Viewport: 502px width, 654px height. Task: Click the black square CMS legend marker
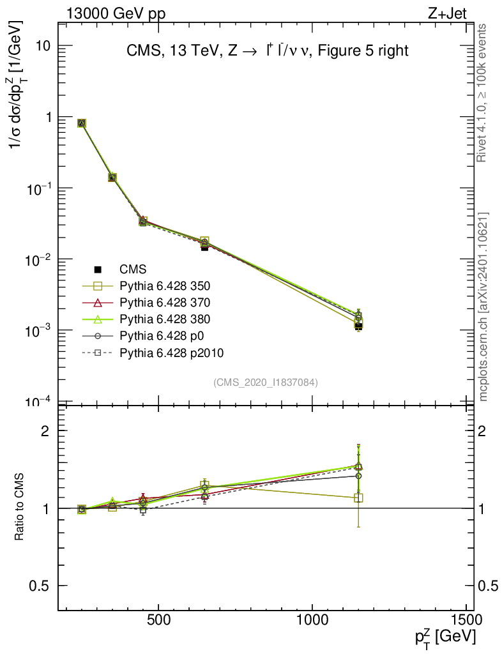click(x=98, y=270)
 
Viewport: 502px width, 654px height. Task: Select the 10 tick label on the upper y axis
click(x=43, y=47)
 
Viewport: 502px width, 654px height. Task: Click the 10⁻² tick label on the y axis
click(x=40, y=259)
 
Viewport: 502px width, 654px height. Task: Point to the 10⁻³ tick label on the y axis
click(x=40, y=330)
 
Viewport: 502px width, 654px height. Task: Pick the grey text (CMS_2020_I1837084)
click(x=266, y=382)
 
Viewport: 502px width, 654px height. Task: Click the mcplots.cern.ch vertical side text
click(x=484, y=307)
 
